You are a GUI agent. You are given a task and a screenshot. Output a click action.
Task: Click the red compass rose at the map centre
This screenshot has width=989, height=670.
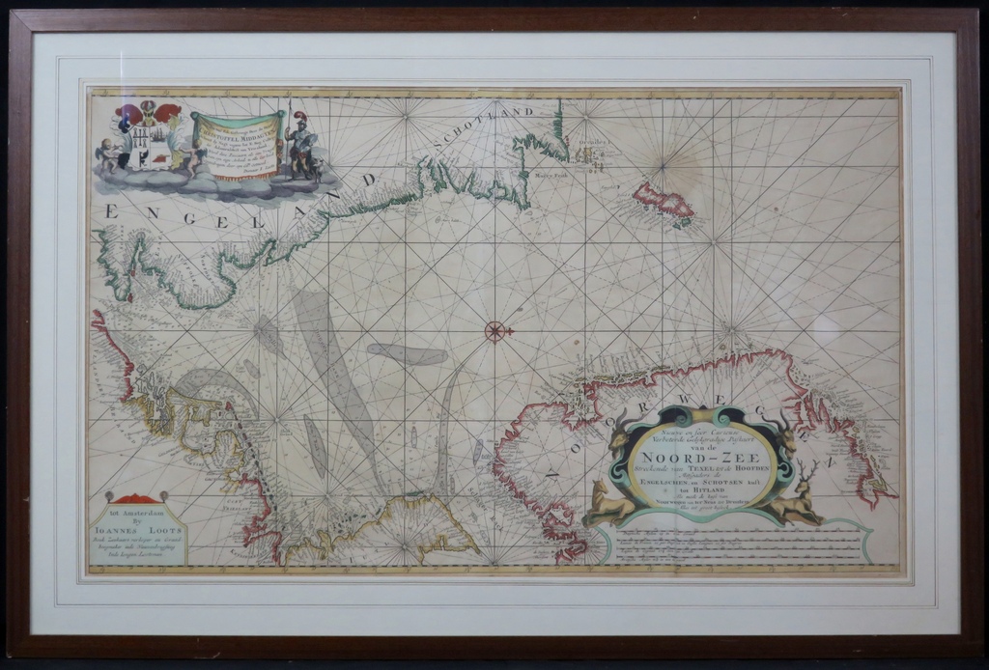click(494, 331)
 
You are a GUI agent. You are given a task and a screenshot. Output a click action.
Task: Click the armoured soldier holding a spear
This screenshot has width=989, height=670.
click(299, 145)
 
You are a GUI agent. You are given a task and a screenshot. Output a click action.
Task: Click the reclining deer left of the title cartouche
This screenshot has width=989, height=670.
click(608, 502)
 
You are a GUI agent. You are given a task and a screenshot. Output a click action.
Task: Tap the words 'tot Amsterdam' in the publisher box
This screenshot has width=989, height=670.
click(134, 510)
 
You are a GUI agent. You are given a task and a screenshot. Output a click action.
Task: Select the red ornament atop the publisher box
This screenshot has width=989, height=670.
click(135, 498)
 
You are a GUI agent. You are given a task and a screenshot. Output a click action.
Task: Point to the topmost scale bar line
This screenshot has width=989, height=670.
click(734, 532)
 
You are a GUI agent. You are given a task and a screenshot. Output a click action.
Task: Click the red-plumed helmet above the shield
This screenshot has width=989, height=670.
click(167, 112)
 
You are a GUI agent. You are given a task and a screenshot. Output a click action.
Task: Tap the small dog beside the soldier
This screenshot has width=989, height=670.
click(316, 168)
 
